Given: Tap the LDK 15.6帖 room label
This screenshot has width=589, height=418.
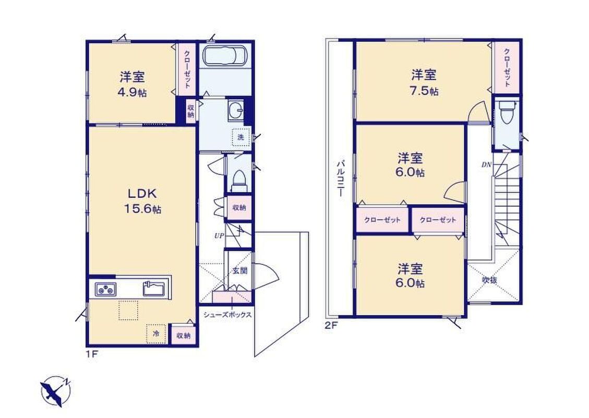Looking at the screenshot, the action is [x=143, y=201].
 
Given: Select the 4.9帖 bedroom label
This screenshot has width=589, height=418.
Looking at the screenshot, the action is [x=133, y=85].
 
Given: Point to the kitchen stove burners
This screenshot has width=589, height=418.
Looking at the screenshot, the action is [x=105, y=289].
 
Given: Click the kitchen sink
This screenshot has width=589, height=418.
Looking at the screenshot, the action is [x=153, y=289].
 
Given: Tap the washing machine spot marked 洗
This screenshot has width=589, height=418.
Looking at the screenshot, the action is [x=241, y=137].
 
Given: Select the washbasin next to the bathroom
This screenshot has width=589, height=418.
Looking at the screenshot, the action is [x=235, y=110].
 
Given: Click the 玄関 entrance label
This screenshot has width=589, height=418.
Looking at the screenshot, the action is [x=239, y=271].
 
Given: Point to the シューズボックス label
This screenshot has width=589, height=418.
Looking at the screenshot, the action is [x=227, y=315].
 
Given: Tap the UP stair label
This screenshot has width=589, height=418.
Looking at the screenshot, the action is [x=219, y=236].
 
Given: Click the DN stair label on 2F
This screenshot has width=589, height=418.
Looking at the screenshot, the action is [x=486, y=165].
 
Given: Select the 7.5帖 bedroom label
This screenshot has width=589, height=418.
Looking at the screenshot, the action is [x=424, y=83].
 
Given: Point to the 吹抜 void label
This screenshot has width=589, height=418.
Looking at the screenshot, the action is [x=490, y=280].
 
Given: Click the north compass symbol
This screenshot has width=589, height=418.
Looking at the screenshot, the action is [x=56, y=391].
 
